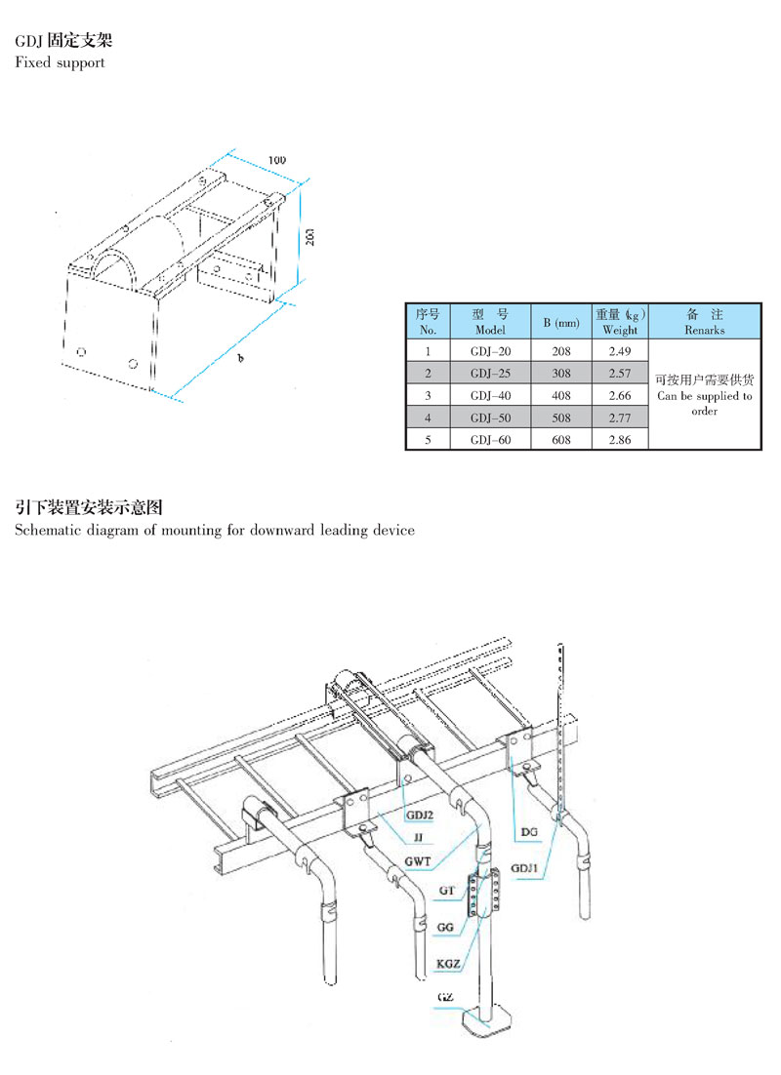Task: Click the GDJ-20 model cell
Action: tap(490, 352)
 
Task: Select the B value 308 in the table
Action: tap(560, 374)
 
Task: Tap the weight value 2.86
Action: tap(619, 439)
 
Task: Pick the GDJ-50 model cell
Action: tap(490, 418)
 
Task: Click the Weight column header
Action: tap(620, 322)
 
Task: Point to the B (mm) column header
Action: tap(561, 322)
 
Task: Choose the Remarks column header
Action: tap(704, 322)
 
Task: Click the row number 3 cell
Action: tap(428, 396)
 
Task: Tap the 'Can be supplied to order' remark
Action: tap(704, 403)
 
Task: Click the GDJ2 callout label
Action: tap(419, 816)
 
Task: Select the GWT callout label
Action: tap(417, 861)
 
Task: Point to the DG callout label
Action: tap(528, 832)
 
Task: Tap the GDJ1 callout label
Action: tap(524, 868)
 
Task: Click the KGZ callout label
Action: tap(448, 964)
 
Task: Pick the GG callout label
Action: tap(445, 928)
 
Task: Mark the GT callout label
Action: tap(447, 891)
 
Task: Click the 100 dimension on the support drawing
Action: tap(276, 160)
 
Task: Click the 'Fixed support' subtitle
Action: tap(60, 62)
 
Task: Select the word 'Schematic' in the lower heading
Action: tap(42, 530)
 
